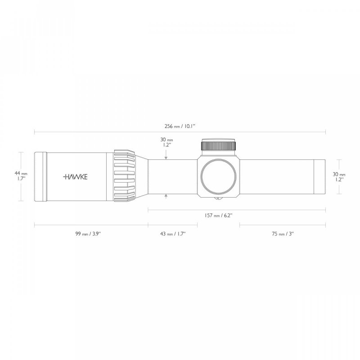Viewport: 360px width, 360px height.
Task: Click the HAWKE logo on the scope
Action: [x=75, y=177]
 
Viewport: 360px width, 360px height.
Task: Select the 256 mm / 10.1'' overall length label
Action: [x=180, y=126]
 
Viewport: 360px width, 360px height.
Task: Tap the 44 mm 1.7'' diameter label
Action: [x=21, y=175]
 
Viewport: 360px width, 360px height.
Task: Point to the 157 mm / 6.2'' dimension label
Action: [x=218, y=216]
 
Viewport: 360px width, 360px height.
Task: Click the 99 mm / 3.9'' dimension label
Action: [x=88, y=234]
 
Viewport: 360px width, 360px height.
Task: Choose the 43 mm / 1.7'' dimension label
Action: [x=173, y=234]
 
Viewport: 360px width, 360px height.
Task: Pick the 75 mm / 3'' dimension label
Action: [x=283, y=234]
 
